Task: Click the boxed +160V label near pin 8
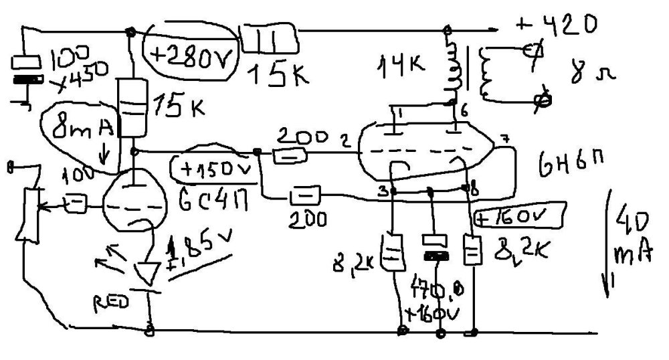(519, 217)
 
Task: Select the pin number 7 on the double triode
(506, 140)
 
